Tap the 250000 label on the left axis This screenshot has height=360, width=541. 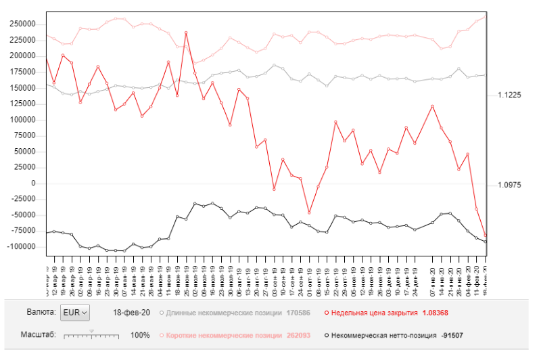pyautogui.click(x=22, y=24)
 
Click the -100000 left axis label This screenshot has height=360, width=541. pyautogui.click(x=21, y=247)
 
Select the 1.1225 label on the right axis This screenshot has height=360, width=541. pyautogui.click(x=509, y=95)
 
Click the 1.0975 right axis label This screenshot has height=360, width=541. pyautogui.click(x=509, y=185)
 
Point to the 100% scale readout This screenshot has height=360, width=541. pyautogui.click(x=140, y=335)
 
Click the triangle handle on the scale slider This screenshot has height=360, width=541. pyautogui.click(x=91, y=330)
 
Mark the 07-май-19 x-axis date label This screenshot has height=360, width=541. pyautogui.click(x=124, y=271)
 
